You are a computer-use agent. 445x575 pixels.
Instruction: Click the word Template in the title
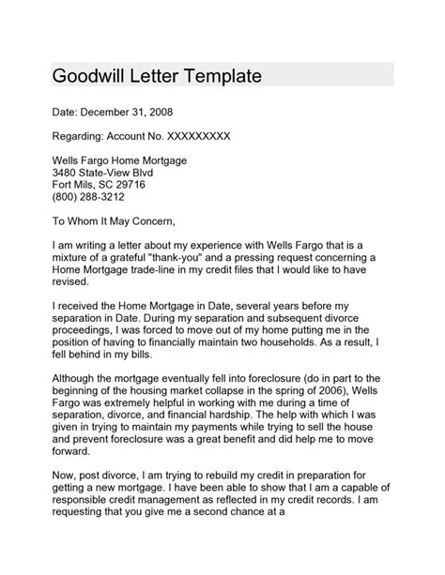[220, 75]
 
